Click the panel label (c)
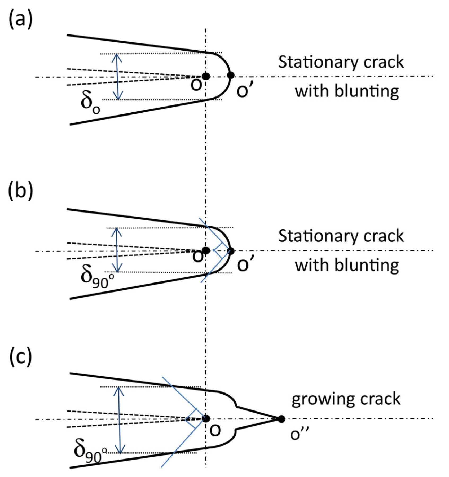21,357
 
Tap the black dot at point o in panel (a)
206,76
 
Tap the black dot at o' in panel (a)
231,76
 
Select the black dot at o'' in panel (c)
281,419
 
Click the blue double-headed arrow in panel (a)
117,77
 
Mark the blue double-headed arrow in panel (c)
120,420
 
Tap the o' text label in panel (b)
245,264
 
